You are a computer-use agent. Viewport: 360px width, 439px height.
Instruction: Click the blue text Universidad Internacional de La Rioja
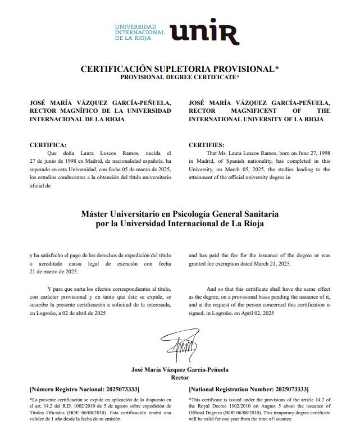pos(139,33)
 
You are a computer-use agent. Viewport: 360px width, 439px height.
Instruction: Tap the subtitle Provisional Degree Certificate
pos(180,77)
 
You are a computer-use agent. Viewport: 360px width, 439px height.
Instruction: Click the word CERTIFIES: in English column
pos(206,144)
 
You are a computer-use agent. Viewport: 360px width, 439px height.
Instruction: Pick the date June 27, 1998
pos(308,152)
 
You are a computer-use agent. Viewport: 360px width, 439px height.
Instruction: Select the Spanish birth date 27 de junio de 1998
pos(58,161)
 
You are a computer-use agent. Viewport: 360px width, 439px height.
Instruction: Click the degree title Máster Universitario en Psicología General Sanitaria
pos(180,214)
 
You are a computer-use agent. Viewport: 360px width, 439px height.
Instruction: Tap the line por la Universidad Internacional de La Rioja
pos(180,223)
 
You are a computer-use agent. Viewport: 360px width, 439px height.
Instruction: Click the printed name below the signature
pos(179,370)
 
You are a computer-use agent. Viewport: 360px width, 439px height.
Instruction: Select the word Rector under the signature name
pos(179,378)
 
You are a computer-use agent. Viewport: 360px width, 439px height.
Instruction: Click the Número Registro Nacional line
pos(84,389)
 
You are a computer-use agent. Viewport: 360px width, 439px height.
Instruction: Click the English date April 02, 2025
pos(254,313)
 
